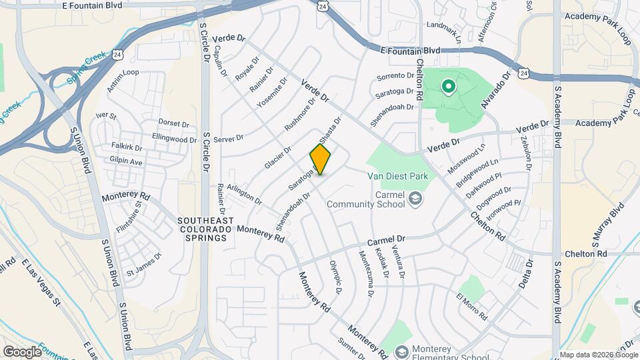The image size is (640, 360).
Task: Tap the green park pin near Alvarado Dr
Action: point(449,86)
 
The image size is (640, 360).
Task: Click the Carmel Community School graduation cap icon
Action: point(415,198)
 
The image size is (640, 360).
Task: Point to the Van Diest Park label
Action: point(397,176)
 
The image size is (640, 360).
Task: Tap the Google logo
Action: point(22,351)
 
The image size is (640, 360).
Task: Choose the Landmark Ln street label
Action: point(443,31)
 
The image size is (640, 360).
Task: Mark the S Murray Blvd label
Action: point(607,225)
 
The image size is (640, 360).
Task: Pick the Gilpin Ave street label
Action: point(126,161)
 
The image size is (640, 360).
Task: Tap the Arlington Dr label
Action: point(244,195)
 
